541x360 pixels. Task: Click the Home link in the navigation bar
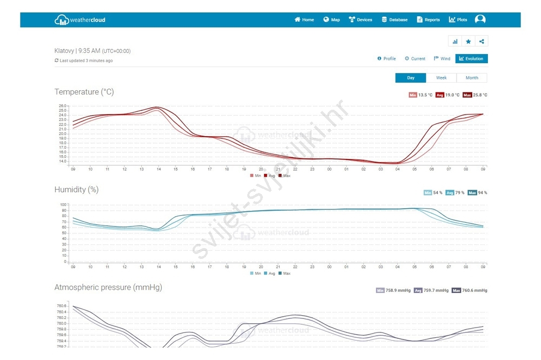(304, 20)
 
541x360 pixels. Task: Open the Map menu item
(332, 20)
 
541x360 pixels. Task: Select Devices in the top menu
(360, 20)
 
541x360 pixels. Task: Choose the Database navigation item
(394, 20)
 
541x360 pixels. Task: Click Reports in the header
(428, 20)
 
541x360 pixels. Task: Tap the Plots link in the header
(458, 20)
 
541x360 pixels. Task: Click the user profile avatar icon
(480, 19)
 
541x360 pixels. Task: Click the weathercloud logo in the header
(80, 20)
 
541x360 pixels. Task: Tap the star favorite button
(468, 41)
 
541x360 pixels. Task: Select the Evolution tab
(471, 58)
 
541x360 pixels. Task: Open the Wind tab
(442, 58)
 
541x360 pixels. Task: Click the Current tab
(415, 58)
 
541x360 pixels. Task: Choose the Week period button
(441, 78)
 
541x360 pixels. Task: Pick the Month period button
(472, 78)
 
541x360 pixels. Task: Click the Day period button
(411, 78)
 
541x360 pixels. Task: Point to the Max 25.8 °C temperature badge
(476, 95)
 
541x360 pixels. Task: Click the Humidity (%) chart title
(76, 190)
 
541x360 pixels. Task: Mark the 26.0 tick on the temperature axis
(62, 106)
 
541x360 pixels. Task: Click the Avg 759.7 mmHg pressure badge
(431, 290)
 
